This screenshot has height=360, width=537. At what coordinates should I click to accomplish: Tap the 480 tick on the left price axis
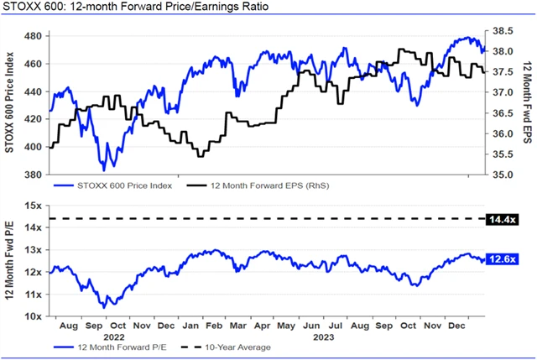click(34, 37)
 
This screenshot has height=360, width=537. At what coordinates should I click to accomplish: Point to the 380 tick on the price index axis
click(34, 175)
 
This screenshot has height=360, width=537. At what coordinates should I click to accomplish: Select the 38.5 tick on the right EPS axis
click(502, 31)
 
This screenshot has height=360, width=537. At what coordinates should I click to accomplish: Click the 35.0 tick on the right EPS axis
click(502, 175)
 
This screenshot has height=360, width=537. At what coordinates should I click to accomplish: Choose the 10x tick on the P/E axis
click(34, 316)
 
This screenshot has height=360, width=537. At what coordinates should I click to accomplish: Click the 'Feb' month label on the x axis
click(214, 324)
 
